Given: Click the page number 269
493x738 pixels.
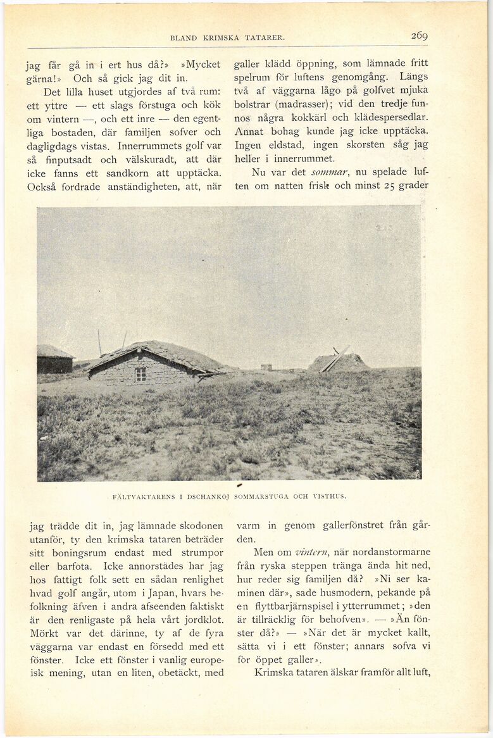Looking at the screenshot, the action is (419, 36).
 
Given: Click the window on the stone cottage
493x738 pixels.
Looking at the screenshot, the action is (140, 374).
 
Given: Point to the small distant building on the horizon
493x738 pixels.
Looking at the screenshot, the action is (266, 366).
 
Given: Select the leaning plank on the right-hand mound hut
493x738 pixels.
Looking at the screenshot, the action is (336, 358).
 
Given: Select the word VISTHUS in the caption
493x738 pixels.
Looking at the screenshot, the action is (329, 497).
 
